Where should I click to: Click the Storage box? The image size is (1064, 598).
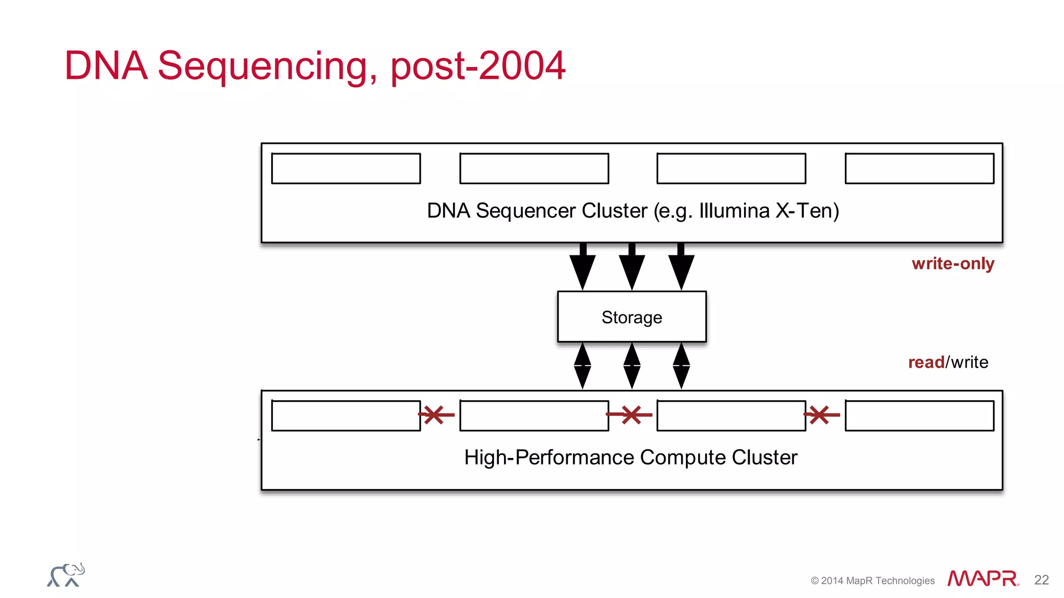coord(631,317)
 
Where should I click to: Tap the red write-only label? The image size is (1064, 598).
coord(952,264)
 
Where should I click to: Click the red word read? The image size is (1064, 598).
coord(926,362)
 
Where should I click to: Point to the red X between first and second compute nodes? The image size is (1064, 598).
coord(434,415)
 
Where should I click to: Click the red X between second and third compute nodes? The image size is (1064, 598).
coord(631,415)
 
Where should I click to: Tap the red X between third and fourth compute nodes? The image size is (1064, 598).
coord(819,415)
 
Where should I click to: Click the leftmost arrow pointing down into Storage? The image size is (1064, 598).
coord(582,267)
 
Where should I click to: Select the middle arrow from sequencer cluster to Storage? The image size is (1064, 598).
coord(632,267)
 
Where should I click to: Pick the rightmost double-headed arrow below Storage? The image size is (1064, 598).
coord(681,366)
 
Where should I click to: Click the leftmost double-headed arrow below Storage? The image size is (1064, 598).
coord(582,366)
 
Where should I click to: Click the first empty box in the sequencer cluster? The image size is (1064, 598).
coord(345,168)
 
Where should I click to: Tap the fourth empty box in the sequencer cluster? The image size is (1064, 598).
coord(919,168)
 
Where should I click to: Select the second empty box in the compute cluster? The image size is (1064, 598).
coord(534,415)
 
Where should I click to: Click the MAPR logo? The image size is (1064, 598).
coord(982,578)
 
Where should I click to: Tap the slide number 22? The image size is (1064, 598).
coord(1041,580)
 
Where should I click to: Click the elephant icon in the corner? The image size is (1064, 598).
coord(66,575)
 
